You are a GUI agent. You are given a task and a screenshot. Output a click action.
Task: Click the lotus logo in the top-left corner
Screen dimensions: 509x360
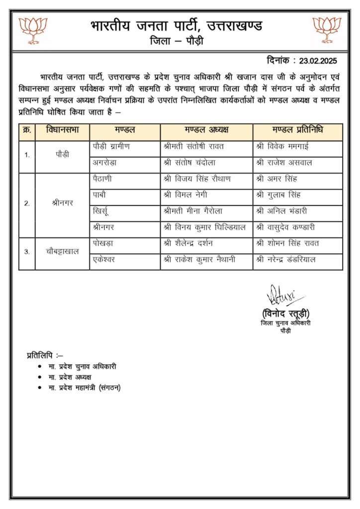click(x=33, y=30)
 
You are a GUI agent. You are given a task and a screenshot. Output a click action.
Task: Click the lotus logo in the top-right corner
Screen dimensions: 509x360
click(x=327, y=30)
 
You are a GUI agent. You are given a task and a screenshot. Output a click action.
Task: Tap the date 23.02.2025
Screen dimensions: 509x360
click(x=318, y=61)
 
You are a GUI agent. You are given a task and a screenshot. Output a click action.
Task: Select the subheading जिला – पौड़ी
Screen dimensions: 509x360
click(x=176, y=41)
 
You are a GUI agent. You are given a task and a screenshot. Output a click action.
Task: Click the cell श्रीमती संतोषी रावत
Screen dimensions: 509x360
click(x=193, y=147)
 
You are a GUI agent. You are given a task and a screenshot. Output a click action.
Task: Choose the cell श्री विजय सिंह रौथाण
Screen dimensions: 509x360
click(x=197, y=179)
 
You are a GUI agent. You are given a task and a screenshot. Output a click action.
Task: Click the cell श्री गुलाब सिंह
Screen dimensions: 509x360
click(x=278, y=195)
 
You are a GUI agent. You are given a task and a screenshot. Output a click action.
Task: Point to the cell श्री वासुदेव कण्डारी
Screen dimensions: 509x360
click(x=286, y=227)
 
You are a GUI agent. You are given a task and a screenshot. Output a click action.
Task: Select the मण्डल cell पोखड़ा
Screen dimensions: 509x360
click(x=103, y=243)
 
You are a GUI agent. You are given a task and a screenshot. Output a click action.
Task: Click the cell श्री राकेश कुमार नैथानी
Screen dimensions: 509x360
click(x=199, y=259)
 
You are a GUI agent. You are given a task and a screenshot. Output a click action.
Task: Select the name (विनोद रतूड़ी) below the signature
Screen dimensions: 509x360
click(x=285, y=314)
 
